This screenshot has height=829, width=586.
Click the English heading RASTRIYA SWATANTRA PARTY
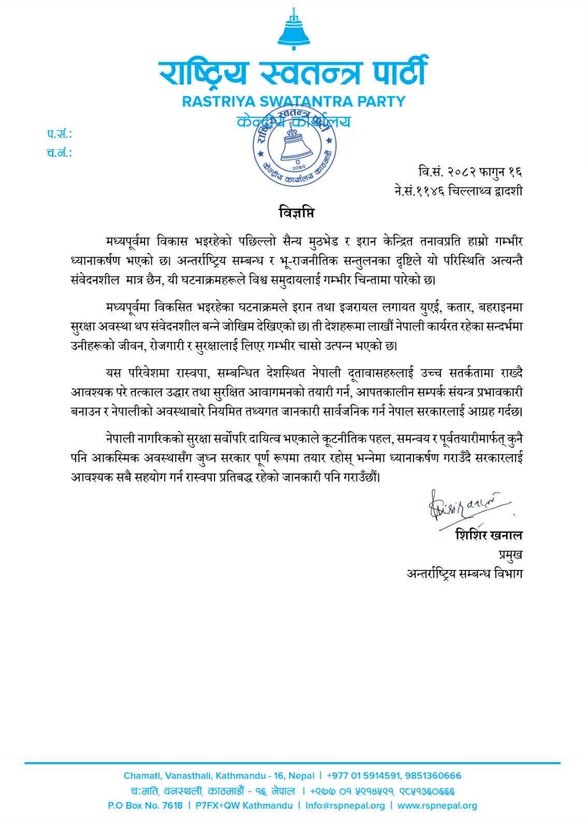(x=293, y=101)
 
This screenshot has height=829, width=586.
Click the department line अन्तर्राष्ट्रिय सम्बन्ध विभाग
(x=464, y=574)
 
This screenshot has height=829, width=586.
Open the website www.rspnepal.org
(x=437, y=806)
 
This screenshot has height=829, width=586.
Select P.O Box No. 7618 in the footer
(x=145, y=806)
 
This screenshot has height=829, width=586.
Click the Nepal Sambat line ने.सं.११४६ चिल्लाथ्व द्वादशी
(x=458, y=191)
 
